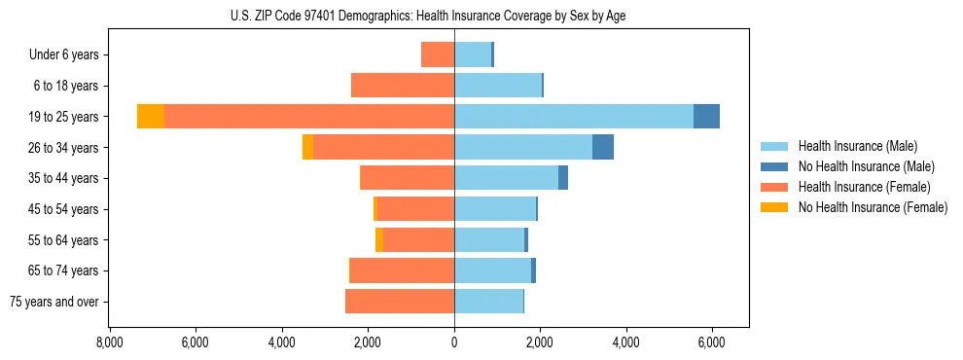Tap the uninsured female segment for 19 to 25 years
(151, 117)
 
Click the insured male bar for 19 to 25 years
(574, 117)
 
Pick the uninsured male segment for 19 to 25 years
(706, 117)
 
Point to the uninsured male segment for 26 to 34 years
(603, 147)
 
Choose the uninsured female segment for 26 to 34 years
(307, 147)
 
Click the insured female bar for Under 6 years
(438, 54)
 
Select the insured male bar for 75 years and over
(488, 302)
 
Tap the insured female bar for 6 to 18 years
(403, 86)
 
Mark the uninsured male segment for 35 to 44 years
(563, 178)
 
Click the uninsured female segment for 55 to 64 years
(379, 240)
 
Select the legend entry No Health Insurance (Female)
(873, 207)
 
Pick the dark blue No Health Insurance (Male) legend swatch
(773, 166)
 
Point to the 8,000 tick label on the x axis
(109, 342)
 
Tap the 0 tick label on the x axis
(454, 342)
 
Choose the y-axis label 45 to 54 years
(64, 209)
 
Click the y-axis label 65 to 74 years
(64, 270)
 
